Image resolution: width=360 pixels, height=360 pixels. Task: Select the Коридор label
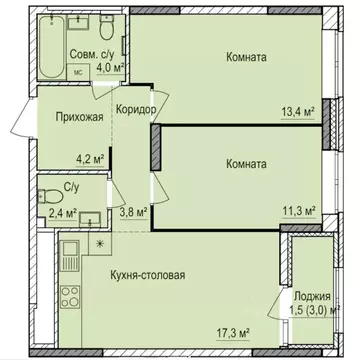tap(134, 110)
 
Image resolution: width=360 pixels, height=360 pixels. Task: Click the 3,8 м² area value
tap(133, 212)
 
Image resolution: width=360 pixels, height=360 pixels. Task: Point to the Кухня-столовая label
tap(148, 274)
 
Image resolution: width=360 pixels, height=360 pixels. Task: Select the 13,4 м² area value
tap(295, 113)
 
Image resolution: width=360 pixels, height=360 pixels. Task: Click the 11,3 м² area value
tap(295, 211)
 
